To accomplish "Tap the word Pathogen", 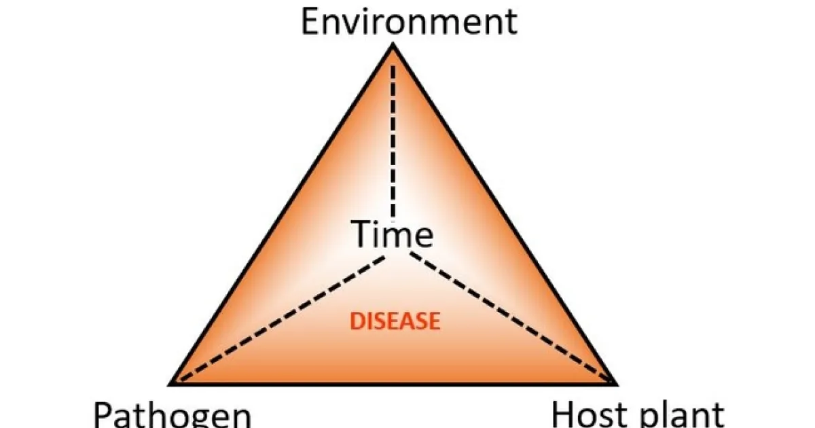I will (172, 414).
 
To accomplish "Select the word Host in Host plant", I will (583, 413).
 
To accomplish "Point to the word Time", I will (393, 235).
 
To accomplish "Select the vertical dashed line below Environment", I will (393, 136).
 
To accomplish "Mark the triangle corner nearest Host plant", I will (615, 384).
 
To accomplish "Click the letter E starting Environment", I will (310, 21).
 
